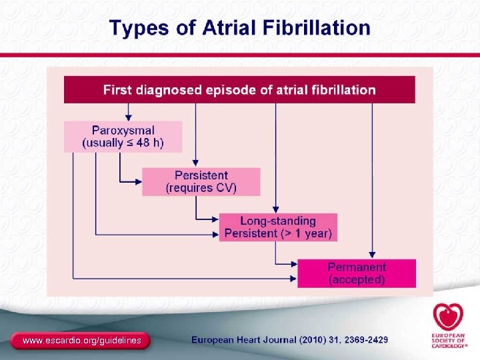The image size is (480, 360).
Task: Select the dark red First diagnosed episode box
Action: [x=239, y=90]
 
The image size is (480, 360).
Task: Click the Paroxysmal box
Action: [x=123, y=137]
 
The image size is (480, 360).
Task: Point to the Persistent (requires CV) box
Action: [x=201, y=181]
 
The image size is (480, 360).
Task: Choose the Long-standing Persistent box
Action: [x=278, y=227]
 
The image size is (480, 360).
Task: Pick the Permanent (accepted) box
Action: [x=356, y=273]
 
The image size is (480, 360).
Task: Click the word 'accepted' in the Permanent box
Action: [x=357, y=280]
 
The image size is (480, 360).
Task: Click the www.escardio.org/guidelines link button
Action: [x=81, y=341]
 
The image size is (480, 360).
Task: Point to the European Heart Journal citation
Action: [x=289, y=340]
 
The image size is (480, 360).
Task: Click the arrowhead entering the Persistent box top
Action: [x=195, y=164]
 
